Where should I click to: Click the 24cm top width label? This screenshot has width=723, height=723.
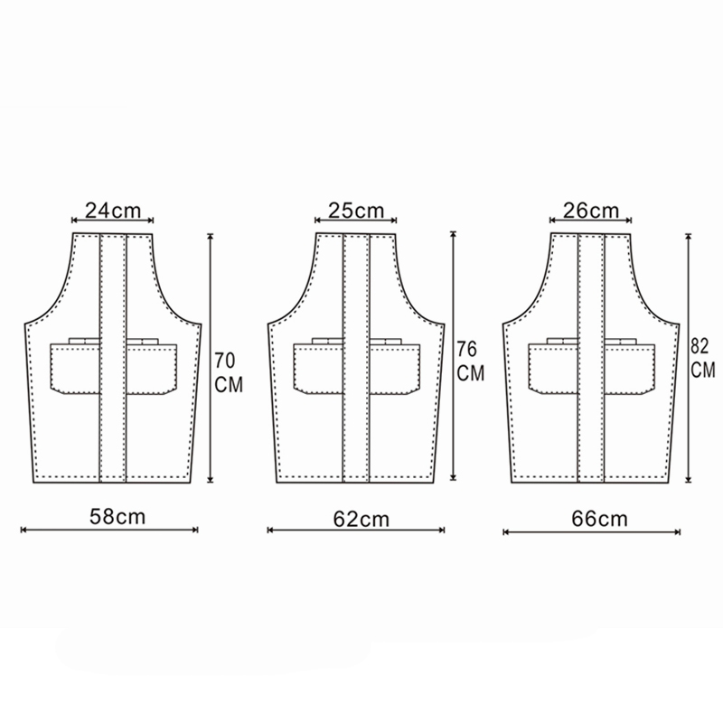(113, 211)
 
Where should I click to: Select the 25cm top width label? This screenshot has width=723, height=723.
(356, 211)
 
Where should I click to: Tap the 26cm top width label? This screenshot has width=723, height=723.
(591, 211)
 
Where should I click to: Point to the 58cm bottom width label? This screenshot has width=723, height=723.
(117, 516)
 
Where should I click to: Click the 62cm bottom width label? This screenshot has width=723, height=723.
(361, 519)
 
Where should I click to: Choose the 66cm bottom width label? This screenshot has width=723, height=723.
(599, 519)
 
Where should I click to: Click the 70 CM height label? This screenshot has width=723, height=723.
(229, 372)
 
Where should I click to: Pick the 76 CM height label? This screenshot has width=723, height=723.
(470, 361)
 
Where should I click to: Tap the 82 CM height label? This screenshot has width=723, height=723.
(703, 358)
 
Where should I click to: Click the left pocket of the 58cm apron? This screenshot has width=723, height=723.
(75, 369)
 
